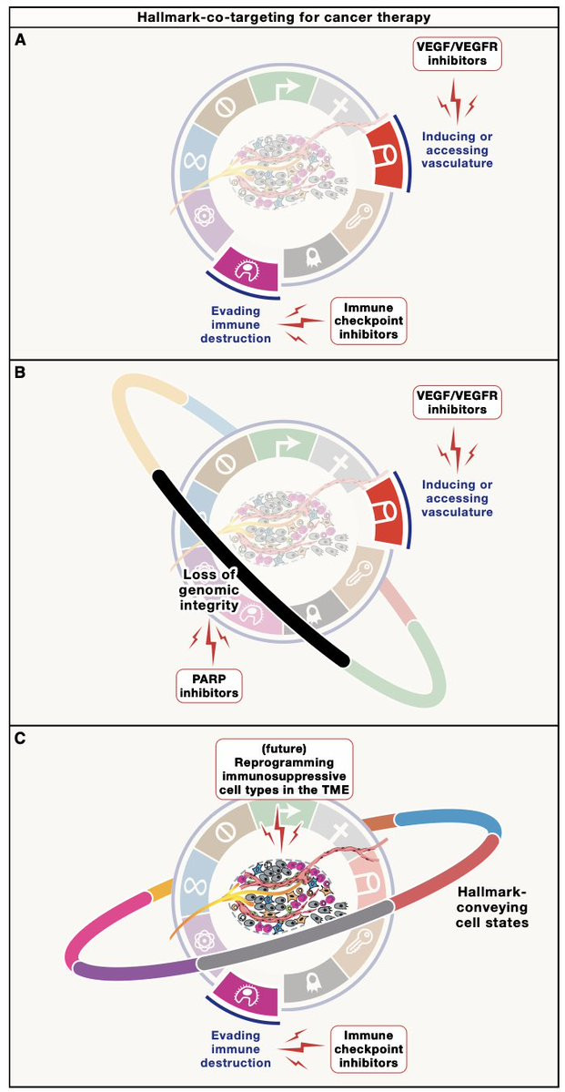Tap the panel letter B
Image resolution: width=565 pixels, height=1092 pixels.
point(21,373)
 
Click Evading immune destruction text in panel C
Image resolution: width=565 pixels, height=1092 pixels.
point(236,1048)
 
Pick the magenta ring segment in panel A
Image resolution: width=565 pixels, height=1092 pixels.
point(240,272)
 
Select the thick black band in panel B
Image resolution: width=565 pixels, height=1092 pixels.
point(249,565)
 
